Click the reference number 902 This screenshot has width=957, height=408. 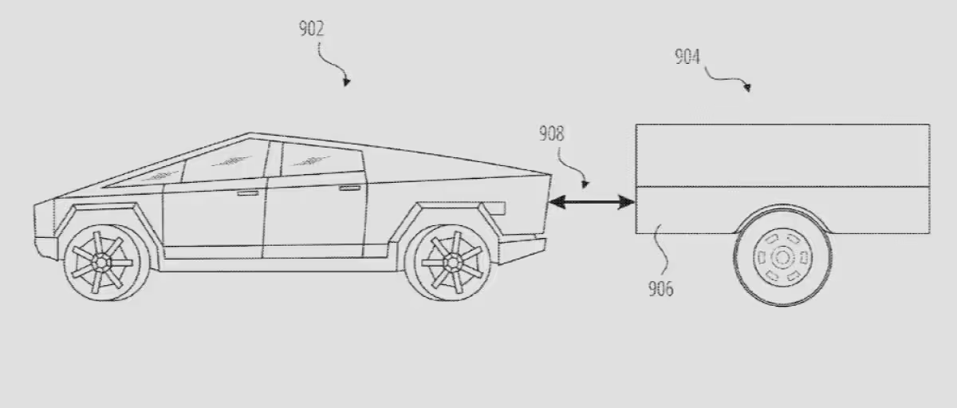point(312,30)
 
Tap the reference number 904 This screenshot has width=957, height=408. point(687,57)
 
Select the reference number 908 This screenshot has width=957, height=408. point(551,133)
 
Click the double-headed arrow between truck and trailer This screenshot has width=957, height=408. point(590,204)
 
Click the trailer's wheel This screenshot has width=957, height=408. point(782,256)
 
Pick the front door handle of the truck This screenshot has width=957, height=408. point(247,193)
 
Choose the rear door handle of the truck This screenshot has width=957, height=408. point(349,188)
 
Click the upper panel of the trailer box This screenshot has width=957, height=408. point(782,155)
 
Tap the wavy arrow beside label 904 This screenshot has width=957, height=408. point(727,78)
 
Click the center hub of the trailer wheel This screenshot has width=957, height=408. point(782,257)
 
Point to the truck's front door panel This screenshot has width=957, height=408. point(214,220)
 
